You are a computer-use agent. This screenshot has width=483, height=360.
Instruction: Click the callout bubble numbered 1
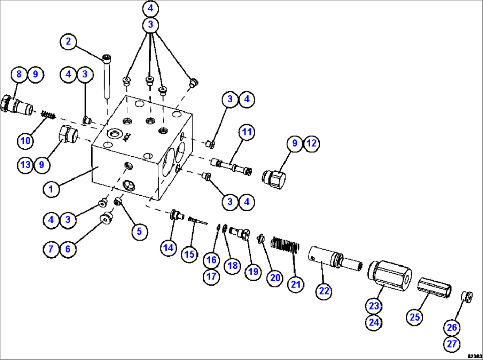click(x=51, y=189)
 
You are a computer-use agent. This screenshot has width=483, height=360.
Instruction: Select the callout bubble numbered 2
click(x=68, y=42)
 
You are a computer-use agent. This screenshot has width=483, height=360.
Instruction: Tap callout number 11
click(x=246, y=132)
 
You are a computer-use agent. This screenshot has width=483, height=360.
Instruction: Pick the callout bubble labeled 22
click(x=323, y=291)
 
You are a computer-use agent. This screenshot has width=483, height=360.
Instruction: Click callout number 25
click(x=415, y=317)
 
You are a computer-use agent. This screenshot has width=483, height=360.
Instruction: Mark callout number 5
click(x=139, y=231)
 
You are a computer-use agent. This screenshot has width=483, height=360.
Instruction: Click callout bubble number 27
click(x=452, y=344)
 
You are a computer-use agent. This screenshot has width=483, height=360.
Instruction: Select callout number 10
click(x=26, y=141)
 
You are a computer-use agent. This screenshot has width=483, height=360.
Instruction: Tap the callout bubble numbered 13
click(x=26, y=165)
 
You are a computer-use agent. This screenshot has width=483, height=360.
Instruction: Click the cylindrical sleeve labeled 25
click(x=434, y=290)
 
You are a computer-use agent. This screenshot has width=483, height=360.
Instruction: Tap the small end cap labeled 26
click(x=466, y=296)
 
